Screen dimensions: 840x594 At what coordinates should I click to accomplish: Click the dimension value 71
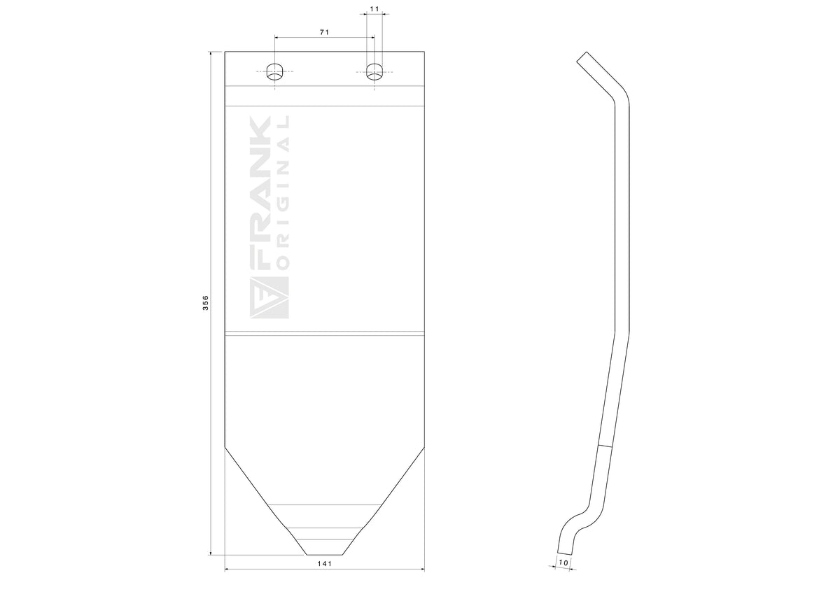[324, 32]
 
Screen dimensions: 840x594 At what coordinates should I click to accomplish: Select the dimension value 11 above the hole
[374, 8]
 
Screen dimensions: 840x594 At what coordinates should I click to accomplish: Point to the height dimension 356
[206, 303]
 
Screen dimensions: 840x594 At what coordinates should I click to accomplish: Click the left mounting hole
[275, 71]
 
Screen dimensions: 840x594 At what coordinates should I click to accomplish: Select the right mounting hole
[374, 71]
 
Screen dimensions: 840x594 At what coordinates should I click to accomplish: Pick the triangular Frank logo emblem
[269, 298]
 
